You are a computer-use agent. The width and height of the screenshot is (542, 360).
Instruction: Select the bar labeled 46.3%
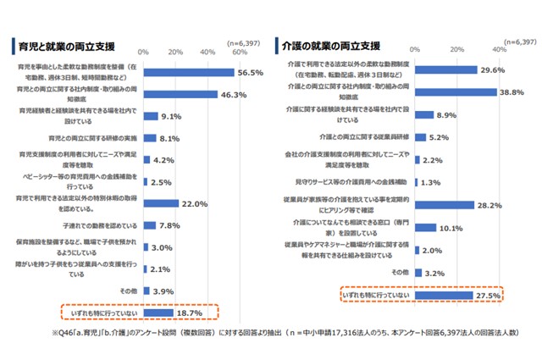point(181,95)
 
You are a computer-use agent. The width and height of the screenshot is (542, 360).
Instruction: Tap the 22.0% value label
point(196,204)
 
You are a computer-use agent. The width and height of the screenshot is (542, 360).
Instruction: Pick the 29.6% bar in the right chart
point(454,69)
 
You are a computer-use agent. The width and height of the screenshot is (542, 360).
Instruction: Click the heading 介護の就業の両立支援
point(332,45)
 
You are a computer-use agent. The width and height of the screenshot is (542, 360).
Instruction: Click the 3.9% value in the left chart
point(163,291)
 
